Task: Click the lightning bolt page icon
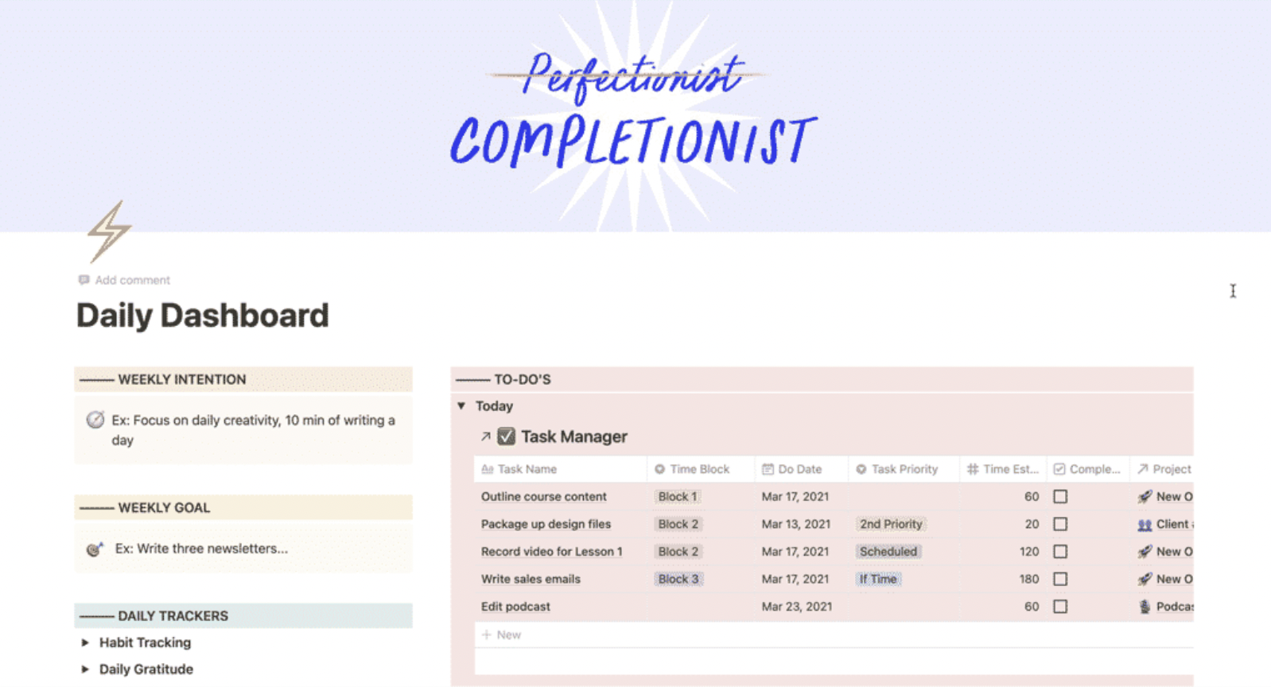(x=108, y=231)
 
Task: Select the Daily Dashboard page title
(x=203, y=316)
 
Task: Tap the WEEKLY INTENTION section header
(x=181, y=379)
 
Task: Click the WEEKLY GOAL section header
(x=163, y=508)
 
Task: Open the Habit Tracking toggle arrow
(x=85, y=642)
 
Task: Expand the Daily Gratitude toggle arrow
(x=85, y=670)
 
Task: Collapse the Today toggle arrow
(x=461, y=406)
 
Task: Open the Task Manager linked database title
(x=573, y=437)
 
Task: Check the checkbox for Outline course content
(x=1060, y=497)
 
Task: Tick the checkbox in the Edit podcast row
(x=1060, y=607)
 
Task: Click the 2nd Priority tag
(x=890, y=524)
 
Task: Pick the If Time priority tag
(x=878, y=579)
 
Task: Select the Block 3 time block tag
(x=678, y=579)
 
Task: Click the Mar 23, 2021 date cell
(x=797, y=607)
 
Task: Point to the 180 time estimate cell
(x=1029, y=579)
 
